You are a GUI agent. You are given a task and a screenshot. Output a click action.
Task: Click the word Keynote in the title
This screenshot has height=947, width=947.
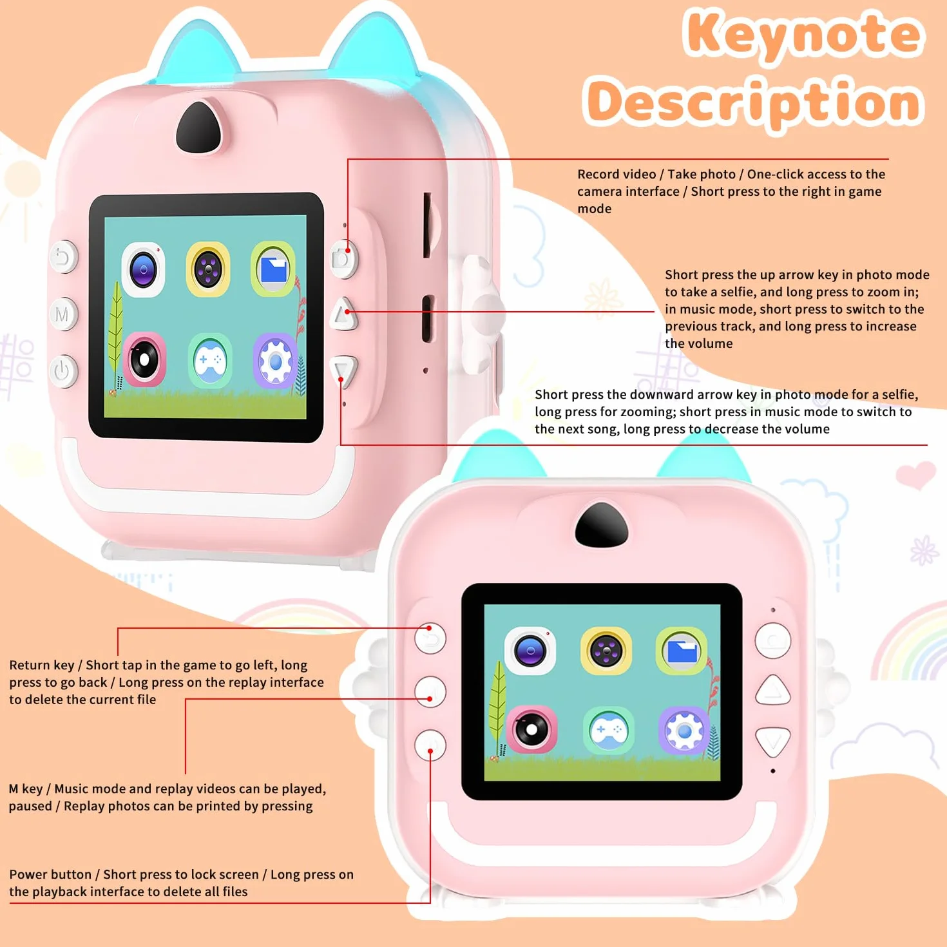pos(803,34)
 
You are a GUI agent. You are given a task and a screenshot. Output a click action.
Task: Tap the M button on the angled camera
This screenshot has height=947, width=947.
pos(63,314)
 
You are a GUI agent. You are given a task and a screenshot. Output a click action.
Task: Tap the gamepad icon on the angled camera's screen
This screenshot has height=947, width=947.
pos(209,360)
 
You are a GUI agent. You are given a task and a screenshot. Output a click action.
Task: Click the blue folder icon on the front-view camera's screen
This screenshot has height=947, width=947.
pos(681,651)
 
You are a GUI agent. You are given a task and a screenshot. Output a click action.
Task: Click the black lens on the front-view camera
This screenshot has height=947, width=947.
pos(602,524)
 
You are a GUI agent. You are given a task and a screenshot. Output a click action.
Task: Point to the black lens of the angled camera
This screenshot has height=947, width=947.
pos(198,128)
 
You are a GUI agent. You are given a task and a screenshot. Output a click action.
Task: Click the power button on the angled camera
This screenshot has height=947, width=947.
pos(63,371)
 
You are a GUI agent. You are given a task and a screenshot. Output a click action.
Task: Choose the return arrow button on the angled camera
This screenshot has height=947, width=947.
pos(63,256)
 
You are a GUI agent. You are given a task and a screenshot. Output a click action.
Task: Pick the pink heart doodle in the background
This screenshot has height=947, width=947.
pos(915,474)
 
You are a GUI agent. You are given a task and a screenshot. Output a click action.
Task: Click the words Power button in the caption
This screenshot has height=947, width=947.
pos(50,874)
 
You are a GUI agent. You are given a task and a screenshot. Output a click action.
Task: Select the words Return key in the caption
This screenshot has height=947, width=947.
pos(42,665)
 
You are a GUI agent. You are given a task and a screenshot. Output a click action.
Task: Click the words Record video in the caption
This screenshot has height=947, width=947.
pos(617,174)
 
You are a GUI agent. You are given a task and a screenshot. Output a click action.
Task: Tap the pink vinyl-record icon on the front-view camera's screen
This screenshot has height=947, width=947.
pos(531,729)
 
